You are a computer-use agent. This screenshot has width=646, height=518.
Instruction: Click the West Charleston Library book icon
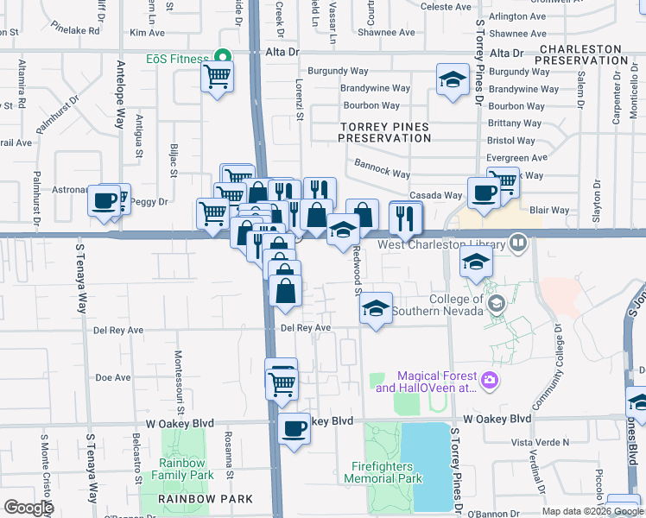(518, 243)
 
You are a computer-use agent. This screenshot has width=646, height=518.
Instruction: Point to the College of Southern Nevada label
(437, 305)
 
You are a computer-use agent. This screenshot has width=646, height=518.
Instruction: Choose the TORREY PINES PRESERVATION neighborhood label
(384, 132)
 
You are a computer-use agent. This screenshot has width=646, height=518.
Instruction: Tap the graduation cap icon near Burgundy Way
(450, 80)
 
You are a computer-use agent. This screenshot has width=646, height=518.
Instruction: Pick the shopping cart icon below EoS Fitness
(217, 78)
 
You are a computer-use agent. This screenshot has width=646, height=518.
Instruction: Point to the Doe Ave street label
(112, 377)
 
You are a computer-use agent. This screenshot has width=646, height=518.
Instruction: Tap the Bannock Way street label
(382, 167)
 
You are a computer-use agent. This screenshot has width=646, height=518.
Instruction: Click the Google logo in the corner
(28, 508)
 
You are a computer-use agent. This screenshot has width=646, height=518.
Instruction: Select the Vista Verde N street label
(541, 441)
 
